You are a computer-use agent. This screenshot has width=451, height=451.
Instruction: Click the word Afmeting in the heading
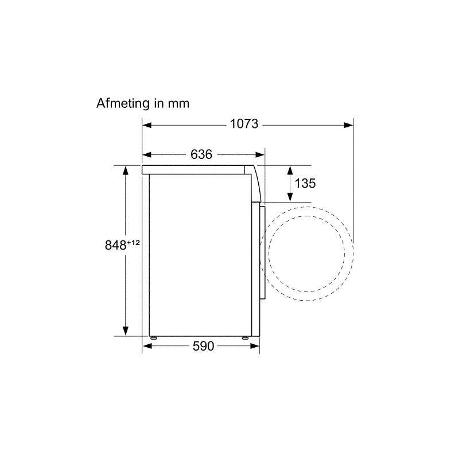point(123,103)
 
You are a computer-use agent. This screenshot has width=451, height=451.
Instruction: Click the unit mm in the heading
point(178,104)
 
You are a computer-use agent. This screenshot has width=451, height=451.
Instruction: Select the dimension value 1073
point(244,125)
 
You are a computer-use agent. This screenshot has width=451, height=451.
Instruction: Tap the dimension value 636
point(201,154)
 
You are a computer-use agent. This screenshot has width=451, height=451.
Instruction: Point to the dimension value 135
point(305,183)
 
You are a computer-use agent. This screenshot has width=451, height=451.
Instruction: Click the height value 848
point(116,246)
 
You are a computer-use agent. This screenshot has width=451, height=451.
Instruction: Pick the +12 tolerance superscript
point(133,243)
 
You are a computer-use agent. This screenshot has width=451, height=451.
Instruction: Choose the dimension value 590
point(203,346)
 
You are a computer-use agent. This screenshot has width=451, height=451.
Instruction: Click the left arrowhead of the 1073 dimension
point(147,125)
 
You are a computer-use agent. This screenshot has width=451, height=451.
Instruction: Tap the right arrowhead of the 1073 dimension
point(349,125)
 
